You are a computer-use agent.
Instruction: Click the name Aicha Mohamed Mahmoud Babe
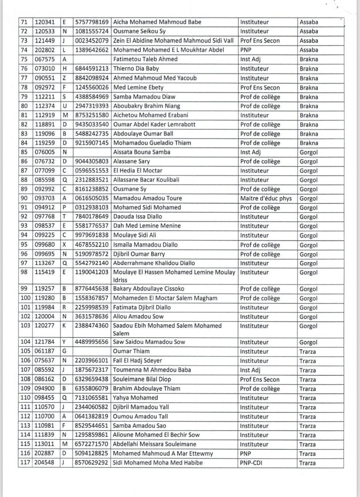click(157, 22)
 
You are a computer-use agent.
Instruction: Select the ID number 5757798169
click(92, 22)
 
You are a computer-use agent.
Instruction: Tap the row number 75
click(24, 59)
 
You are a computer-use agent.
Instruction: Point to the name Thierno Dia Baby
click(136, 69)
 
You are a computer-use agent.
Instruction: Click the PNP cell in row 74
click(246, 50)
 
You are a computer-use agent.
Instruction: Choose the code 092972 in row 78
click(45, 88)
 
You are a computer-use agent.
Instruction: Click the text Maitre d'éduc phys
click(266, 198)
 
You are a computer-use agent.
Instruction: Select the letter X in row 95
click(64, 245)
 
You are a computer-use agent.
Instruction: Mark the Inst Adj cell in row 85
click(251, 152)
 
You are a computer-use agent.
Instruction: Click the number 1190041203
click(92, 273)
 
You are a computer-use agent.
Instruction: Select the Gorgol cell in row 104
click(308, 342)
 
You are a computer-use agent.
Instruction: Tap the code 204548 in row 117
click(45, 463)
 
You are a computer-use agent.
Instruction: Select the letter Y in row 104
click(64, 342)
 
